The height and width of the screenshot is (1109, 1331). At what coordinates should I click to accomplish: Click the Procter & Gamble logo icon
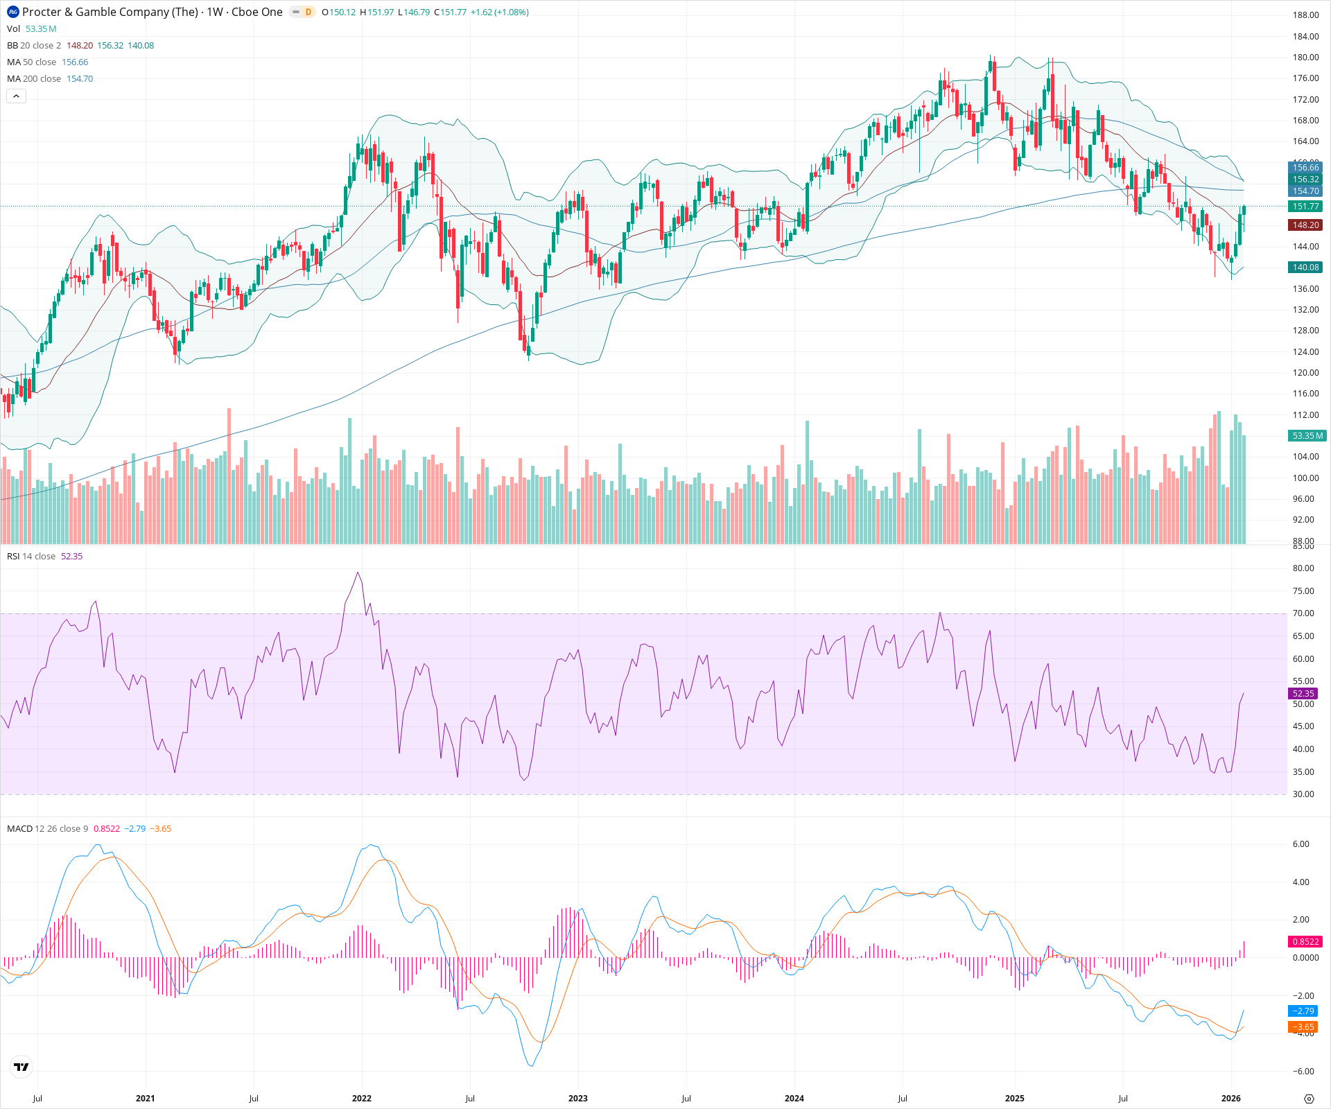click(13, 12)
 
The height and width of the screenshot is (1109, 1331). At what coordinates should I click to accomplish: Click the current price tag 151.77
click(1305, 207)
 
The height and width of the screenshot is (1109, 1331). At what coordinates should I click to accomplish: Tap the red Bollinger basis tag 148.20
click(1305, 225)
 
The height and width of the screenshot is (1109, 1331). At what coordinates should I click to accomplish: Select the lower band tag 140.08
click(1305, 268)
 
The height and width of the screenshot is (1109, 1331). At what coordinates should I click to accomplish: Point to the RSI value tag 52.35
click(1303, 693)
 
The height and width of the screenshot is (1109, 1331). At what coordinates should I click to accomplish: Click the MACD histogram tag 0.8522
click(1305, 941)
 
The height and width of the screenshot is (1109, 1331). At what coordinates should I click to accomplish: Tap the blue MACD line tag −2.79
click(1303, 1011)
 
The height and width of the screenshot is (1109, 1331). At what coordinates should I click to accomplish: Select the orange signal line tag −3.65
click(1303, 1027)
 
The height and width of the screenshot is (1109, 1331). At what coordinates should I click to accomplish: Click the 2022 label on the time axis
click(361, 1099)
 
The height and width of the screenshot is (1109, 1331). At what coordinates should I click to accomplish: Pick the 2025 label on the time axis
click(1014, 1099)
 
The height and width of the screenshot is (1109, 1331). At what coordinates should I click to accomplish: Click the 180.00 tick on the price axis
click(1305, 58)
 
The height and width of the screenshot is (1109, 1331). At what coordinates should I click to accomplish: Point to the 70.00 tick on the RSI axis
click(1303, 613)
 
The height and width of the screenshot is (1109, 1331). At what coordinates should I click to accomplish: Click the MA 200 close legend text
click(35, 79)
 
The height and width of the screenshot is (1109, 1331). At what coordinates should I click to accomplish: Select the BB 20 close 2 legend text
click(34, 46)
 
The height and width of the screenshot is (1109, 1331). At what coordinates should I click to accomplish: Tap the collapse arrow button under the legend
click(17, 96)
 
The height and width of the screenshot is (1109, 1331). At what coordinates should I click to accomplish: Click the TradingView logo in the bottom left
click(21, 1067)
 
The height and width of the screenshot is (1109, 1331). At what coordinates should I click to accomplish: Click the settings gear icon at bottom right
click(1309, 1099)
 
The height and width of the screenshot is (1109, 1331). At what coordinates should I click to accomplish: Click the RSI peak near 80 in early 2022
click(358, 573)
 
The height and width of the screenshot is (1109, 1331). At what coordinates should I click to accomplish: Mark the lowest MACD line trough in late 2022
click(531, 1065)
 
